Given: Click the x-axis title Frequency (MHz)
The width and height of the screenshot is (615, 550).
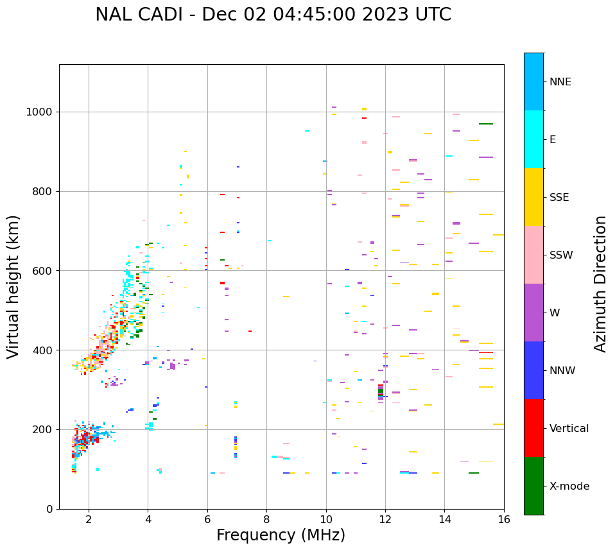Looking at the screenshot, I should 281,535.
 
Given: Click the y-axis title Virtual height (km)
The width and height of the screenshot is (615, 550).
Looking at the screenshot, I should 13,286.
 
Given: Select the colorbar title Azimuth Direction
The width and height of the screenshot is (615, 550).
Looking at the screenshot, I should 600,284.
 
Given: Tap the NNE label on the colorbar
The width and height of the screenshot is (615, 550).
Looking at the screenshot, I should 560,82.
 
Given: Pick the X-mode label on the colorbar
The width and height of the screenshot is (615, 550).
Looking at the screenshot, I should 569,486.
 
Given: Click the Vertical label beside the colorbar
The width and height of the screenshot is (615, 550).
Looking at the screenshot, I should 569,429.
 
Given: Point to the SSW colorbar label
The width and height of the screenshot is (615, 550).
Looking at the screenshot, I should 560,255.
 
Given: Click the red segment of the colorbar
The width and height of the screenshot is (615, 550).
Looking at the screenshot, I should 533,428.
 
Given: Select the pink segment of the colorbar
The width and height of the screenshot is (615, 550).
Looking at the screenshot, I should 533,255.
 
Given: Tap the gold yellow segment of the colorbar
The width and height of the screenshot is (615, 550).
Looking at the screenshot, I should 533,197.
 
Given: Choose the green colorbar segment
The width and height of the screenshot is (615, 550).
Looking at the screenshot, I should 533,486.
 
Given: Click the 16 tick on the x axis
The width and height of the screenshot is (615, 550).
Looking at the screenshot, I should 504,520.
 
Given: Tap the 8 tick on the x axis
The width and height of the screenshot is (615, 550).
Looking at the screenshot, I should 266,520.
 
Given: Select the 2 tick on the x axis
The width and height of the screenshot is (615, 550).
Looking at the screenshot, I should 89,520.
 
